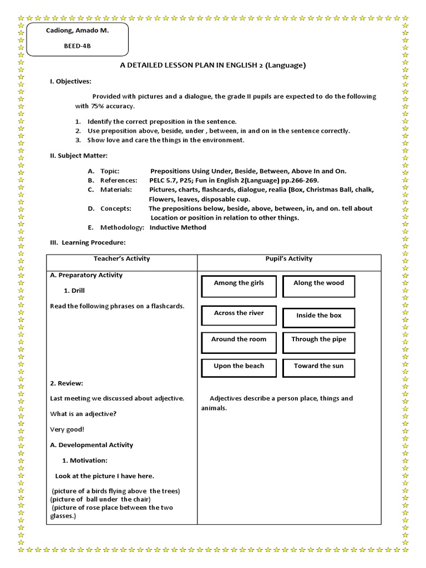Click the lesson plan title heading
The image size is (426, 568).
(213, 65)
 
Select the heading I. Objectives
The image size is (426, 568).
(70, 82)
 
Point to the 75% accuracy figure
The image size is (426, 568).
(110, 106)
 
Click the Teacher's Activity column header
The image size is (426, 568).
(121, 258)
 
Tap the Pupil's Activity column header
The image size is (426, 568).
(289, 258)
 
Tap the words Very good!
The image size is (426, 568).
(67, 429)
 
